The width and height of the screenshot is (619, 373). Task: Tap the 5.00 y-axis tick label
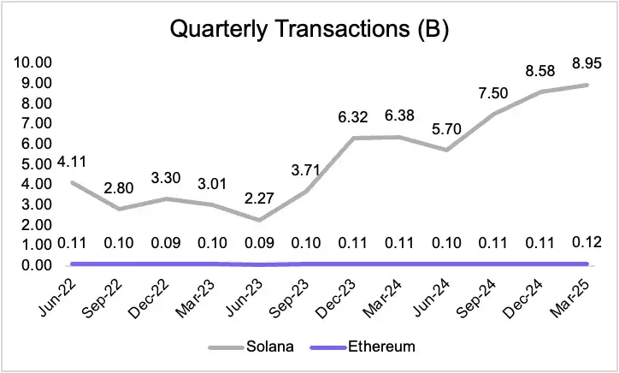[x=32, y=163]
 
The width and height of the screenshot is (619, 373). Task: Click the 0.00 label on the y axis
[x=32, y=265]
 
